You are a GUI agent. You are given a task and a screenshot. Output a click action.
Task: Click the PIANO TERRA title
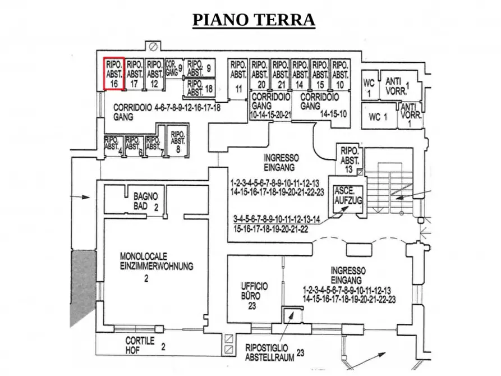(x=254, y=20)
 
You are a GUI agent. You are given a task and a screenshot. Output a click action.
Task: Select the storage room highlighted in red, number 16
(x=114, y=73)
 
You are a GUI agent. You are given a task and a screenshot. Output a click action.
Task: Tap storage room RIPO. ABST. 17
(x=134, y=74)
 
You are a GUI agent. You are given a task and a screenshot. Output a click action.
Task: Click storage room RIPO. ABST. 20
(x=259, y=74)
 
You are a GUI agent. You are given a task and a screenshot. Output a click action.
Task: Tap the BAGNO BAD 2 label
(x=145, y=201)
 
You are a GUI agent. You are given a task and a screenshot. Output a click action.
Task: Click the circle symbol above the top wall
(x=153, y=46)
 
